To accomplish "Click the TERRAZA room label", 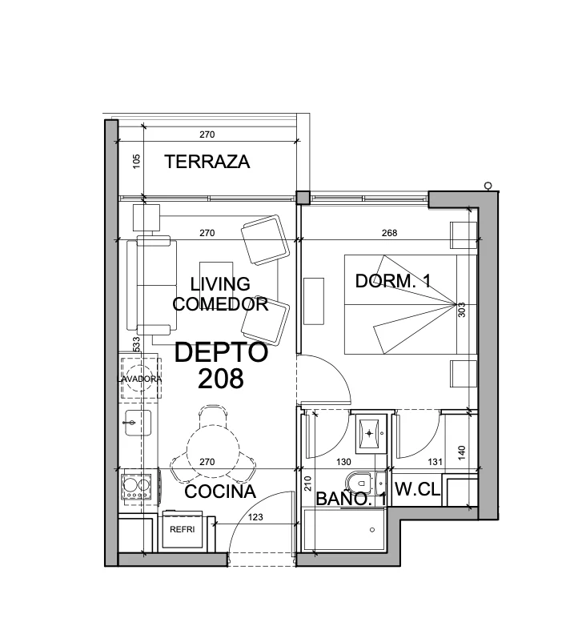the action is click(207, 162).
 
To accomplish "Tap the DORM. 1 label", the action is click(393, 281).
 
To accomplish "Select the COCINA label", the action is click(220, 492).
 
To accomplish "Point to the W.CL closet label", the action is click(417, 489).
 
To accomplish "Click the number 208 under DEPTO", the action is click(221, 379).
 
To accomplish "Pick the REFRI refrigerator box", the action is click(182, 529).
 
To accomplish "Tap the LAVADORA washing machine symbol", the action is click(139, 379).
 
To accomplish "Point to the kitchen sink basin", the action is click(138, 423).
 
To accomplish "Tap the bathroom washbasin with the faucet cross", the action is click(369, 434).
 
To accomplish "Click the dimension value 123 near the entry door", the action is click(255, 517).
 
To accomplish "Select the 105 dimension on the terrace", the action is click(137, 162).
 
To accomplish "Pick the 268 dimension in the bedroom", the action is click(389, 233).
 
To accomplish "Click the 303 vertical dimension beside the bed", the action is click(462, 310).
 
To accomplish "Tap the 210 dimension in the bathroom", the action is click(307, 484).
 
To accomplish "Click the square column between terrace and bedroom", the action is click(303, 197).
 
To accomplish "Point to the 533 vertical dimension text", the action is click(136, 344).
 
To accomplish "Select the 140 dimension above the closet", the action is click(462, 452).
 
